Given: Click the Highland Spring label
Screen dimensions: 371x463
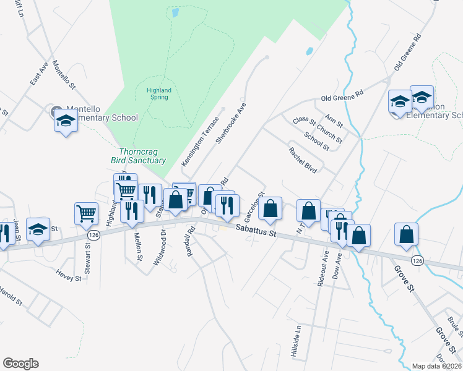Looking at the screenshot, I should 159,93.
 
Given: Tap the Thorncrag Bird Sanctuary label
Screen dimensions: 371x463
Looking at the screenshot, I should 142,156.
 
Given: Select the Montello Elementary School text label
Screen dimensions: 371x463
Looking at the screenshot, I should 102,113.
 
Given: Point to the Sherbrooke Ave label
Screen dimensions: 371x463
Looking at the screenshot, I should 231,122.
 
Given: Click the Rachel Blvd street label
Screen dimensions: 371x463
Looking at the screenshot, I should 303,160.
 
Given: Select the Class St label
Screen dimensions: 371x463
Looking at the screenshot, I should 305,119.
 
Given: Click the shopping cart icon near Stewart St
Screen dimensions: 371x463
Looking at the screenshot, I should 86,213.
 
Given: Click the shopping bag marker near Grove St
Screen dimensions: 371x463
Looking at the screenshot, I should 407,234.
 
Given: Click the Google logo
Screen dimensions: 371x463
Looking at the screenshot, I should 20,364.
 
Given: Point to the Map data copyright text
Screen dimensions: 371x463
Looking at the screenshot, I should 437,365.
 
